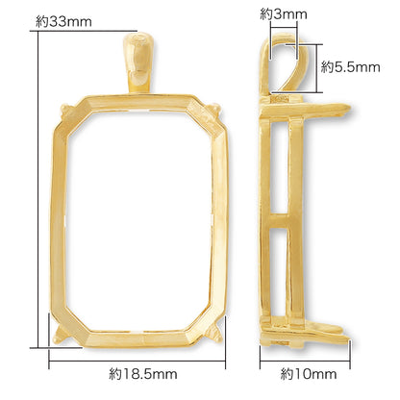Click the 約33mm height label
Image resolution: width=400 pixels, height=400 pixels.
point(63,22)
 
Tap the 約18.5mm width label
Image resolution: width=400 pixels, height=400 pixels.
point(143,374)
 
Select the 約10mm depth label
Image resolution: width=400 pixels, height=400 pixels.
point(309,374)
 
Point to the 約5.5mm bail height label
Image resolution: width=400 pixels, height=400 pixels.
point(350,67)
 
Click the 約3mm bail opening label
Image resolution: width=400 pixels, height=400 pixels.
point(284,14)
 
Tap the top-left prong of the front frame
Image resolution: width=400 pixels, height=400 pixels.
point(65,109)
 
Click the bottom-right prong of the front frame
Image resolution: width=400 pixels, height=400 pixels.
point(214,334)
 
